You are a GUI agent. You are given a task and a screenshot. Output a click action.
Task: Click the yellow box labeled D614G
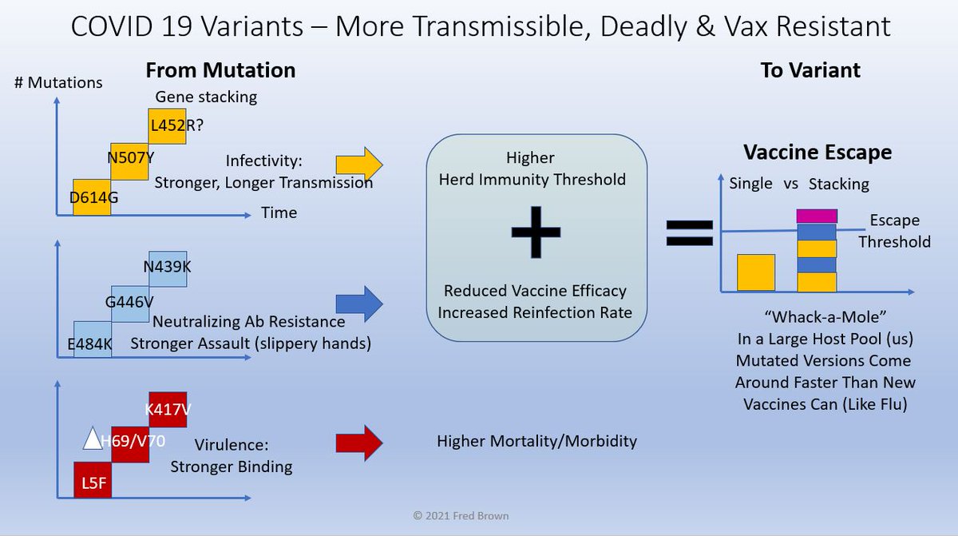click(x=92, y=197)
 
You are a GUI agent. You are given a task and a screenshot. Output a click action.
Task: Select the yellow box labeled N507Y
click(x=129, y=161)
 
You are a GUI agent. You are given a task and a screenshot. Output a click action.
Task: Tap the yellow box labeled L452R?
click(x=168, y=126)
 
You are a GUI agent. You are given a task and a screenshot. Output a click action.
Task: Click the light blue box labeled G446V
click(x=129, y=304)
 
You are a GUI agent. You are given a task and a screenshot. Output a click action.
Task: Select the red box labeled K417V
click(x=168, y=410)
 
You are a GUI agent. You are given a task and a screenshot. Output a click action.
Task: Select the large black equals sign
click(x=689, y=232)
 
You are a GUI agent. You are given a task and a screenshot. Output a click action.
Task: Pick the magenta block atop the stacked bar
click(x=816, y=216)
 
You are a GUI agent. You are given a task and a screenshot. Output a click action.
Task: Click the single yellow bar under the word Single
click(x=755, y=272)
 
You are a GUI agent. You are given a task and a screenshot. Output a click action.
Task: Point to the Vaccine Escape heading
click(x=817, y=152)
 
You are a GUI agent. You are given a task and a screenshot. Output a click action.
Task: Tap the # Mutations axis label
click(x=58, y=82)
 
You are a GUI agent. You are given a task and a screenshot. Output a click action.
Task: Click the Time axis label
click(x=279, y=212)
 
